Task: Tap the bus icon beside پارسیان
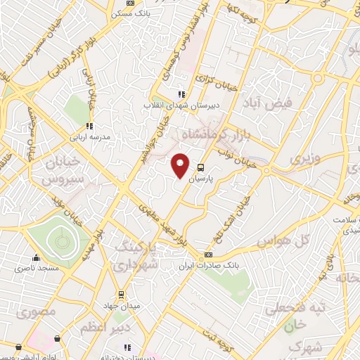(x=201, y=168)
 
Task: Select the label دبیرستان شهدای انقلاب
(x=170, y=105)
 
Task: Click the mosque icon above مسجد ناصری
(x=36, y=257)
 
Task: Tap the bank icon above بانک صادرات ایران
(x=208, y=255)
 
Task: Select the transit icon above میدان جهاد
(x=120, y=294)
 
